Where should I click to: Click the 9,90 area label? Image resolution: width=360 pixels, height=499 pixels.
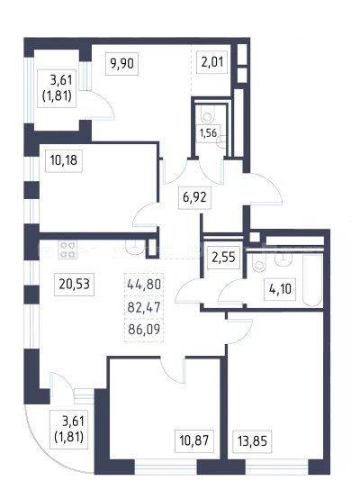coord(121,64)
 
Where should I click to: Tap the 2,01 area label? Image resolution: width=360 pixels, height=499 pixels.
coord(212,62)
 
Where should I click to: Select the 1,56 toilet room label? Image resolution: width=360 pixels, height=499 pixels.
coord(208,133)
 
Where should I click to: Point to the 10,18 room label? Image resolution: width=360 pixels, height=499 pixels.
coord(64,160)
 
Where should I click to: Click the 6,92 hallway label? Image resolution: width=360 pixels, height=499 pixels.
coord(194,197)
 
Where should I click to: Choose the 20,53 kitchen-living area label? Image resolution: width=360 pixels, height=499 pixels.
coord(74,284)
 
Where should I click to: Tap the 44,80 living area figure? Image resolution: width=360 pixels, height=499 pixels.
coord(144,285)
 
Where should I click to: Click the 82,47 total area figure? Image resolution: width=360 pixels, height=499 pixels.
coord(144,307)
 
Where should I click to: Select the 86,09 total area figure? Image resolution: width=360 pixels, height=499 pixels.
coord(144,329)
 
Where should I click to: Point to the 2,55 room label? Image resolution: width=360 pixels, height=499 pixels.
coord(223,257)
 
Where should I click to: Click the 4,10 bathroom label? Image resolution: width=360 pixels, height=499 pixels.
coord(280,289)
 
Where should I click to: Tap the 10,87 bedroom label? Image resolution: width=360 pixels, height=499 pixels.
coord(194,440)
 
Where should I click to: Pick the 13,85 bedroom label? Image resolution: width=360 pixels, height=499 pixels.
coord(252,441)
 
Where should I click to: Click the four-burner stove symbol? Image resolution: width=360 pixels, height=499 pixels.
coord(67,249)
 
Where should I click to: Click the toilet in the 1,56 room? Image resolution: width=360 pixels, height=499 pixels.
coord(208,115)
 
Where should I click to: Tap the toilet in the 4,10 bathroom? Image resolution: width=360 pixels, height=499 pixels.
coord(259,263)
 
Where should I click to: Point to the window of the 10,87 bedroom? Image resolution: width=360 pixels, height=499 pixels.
coord(166,467)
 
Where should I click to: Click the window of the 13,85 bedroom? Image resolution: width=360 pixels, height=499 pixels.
coord(277,467)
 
